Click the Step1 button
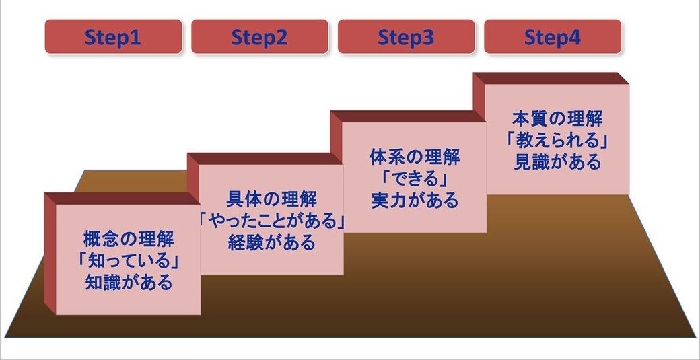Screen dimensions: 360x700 tap(113, 37)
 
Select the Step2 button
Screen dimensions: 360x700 tap(259, 37)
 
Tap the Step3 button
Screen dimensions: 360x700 tap(405, 37)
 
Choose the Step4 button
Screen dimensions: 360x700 tap(552, 37)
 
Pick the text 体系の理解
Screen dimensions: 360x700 tap(415, 157)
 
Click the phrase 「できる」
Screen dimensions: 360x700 tap(415, 179)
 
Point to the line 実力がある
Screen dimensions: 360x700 tap(415, 201)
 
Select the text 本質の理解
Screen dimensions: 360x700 tap(557, 118)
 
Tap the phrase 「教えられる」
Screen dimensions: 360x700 tap(557, 141)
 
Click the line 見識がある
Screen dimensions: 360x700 tap(557, 162)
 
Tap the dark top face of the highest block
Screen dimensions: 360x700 tap(551, 78)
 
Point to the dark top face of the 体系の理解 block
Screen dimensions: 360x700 tap(408, 116)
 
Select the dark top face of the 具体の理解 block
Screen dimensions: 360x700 tap(265, 159)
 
